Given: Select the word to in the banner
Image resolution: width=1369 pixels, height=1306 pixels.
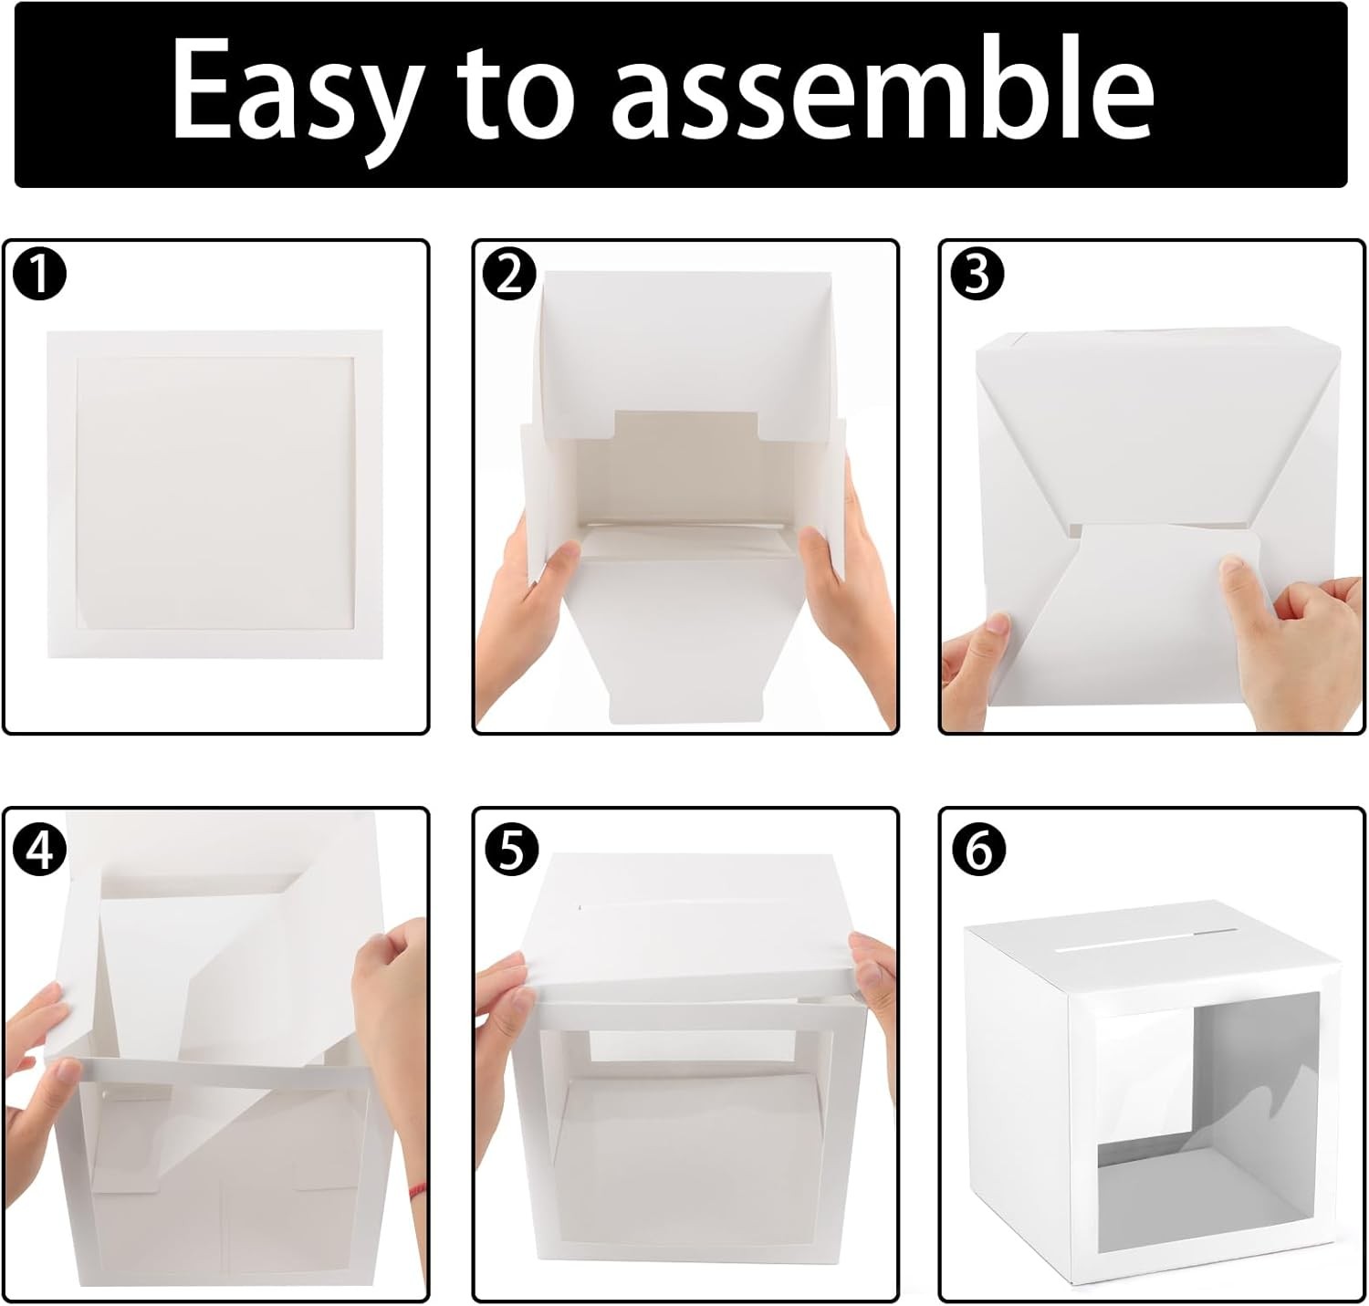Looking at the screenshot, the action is [516, 90].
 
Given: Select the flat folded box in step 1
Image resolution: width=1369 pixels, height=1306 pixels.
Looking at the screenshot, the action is [215, 494].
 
